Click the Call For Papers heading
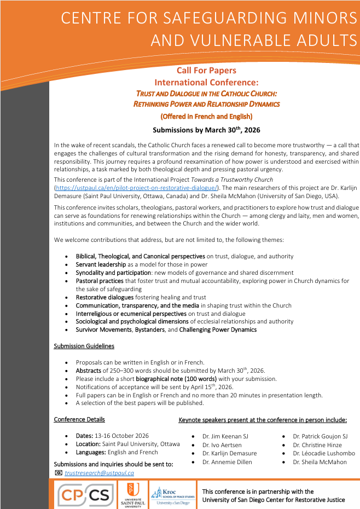(206, 71)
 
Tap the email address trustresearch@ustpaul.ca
(100, 472)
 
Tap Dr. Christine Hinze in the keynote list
(317, 445)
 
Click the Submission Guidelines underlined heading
(84, 346)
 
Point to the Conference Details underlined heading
(79, 420)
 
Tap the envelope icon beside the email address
(59, 472)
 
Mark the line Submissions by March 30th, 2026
(206, 130)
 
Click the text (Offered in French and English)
(206, 116)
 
